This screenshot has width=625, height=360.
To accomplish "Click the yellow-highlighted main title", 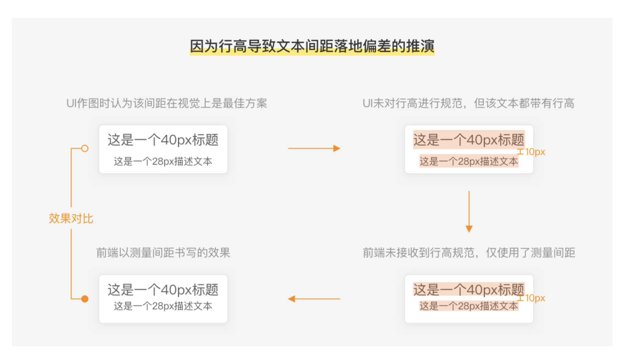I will click(x=312, y=46).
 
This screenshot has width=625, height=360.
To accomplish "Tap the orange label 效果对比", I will click(x=71, y=218).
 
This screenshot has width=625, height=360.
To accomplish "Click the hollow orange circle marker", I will click(x=85, y=149).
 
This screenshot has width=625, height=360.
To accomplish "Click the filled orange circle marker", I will click(x=85, y=299).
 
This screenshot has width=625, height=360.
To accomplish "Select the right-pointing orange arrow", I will click(x=314, y=149).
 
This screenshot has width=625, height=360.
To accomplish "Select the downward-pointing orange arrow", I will click(x=469, y=211).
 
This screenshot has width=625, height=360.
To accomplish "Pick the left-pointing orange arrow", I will click(x=314, y=299).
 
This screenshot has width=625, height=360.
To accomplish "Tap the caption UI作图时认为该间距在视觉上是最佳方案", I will click(x=166, y=103).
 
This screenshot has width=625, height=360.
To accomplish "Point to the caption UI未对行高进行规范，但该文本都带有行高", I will click(x=468, y=103).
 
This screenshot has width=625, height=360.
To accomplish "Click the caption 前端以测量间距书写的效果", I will click(x=163, y=253).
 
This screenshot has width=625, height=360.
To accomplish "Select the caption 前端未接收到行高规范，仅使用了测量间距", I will click(x=469, y=253).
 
